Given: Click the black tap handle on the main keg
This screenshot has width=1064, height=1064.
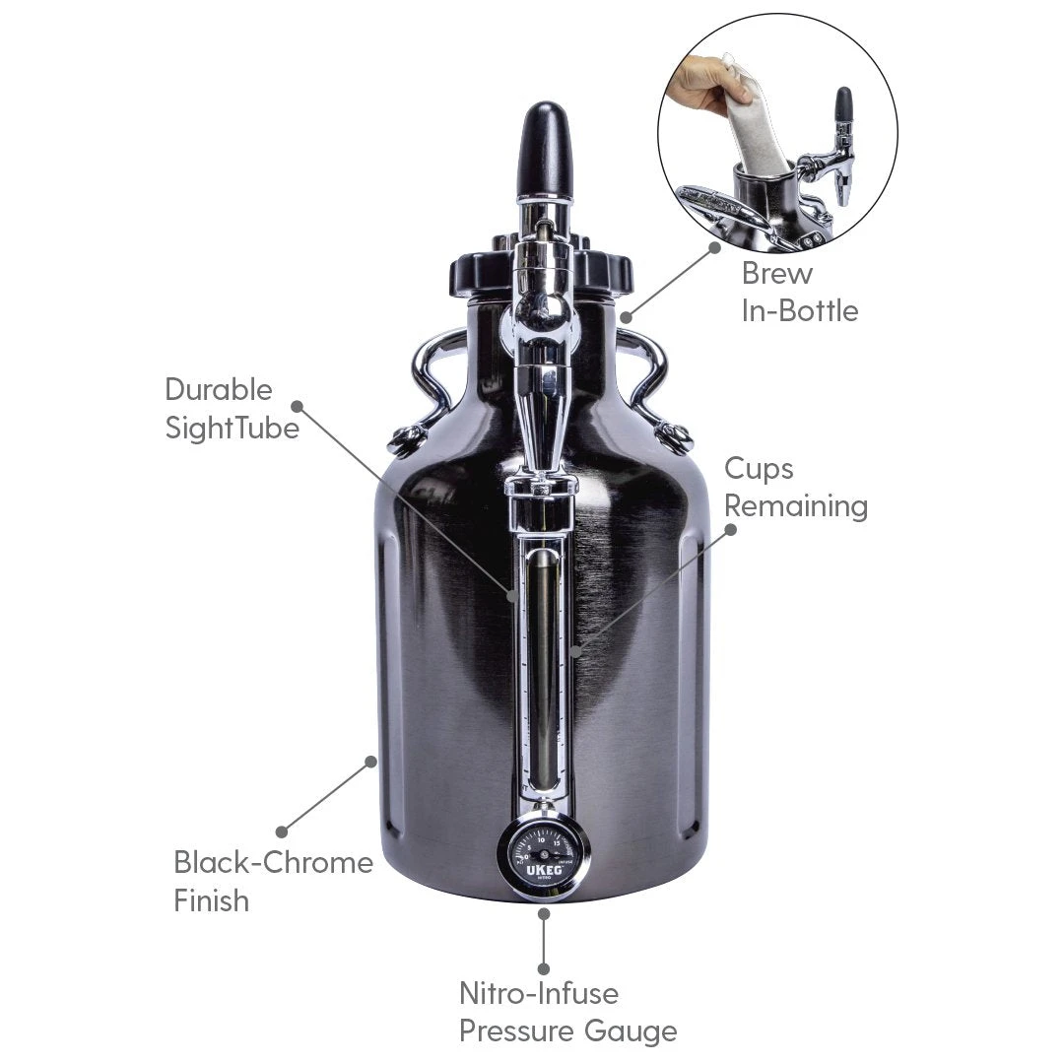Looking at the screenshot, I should point(545,150).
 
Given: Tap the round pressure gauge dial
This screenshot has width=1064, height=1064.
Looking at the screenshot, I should point(544,853).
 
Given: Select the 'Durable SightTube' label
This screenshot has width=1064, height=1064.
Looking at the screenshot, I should point(232,409).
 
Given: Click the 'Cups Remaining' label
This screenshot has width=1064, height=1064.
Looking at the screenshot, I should point(796,487).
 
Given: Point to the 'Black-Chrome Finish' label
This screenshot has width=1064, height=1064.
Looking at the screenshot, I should point(273,881).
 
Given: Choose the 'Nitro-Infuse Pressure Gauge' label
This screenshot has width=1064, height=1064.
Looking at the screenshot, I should point(567,1012).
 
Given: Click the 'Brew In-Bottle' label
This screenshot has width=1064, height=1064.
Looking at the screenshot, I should point(799,292).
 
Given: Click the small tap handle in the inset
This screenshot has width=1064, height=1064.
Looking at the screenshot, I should point(843,105).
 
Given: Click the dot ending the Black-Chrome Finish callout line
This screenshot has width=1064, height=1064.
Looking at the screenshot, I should point(282,832).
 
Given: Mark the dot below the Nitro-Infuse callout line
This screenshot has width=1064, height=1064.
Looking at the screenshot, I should point(543,968).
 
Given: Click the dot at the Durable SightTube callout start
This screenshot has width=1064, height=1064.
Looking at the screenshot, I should point(296,404).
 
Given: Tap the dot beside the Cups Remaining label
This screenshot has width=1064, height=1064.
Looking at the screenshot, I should point(732,528).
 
